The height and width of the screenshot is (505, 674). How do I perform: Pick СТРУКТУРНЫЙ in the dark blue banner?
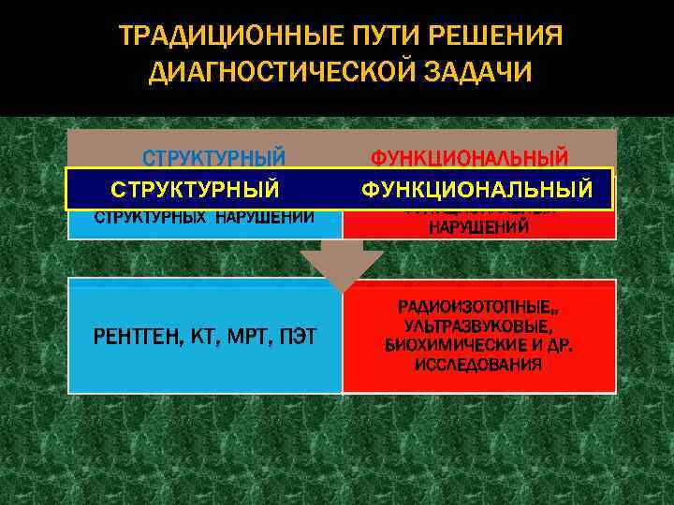195,190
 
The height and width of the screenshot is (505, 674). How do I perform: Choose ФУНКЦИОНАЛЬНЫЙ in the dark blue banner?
477,190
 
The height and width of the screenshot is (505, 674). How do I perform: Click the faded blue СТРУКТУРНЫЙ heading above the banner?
213,156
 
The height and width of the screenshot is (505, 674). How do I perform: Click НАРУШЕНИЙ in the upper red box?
479,227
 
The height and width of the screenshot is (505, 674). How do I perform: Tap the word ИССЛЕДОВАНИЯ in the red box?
478,364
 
